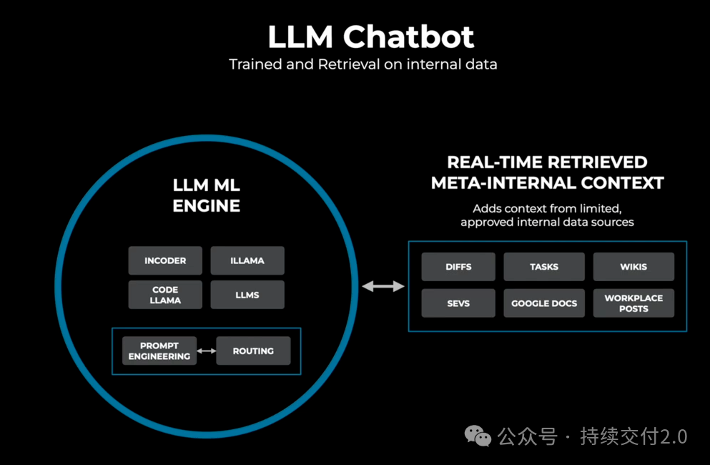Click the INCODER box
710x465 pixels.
pyautogui.click(x=165, y=260)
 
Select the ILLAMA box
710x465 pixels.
pyautogui.click(x=247, y=260)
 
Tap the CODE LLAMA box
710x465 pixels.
pyautogui.click(x=165, y=295)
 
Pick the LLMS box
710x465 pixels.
pyautogui.click(x=247, y=295)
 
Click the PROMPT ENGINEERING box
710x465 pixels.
pyautogui.click(x=159, y=351)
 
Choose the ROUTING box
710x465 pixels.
pyautogui.click(x=253, y=351)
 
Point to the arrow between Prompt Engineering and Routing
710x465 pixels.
pyautogui.click(x=207, y=351)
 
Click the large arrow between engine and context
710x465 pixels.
pyautogui.click(x=383, y=286)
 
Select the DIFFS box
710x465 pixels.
pyautogui.click(x=458, y=267)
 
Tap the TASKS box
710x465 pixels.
pyautogui.click(x=544, y=267)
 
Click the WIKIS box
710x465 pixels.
pyautogui.click(x=633, y=267)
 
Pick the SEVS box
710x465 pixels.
pyautogui.click(x=458, y=303)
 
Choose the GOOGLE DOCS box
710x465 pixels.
pyautogui.click(x=544, y=303)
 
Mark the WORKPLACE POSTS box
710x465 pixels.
pyautogui.click(x=633, y=303)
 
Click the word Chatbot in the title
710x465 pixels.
pyautogui.click(x=408, y=36)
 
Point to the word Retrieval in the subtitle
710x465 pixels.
pyautogui.click(x=349, y=64)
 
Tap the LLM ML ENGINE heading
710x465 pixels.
pyautogui.click(x=207, y=195)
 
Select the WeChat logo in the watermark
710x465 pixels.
pyautogui.click(x=478, y=436)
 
